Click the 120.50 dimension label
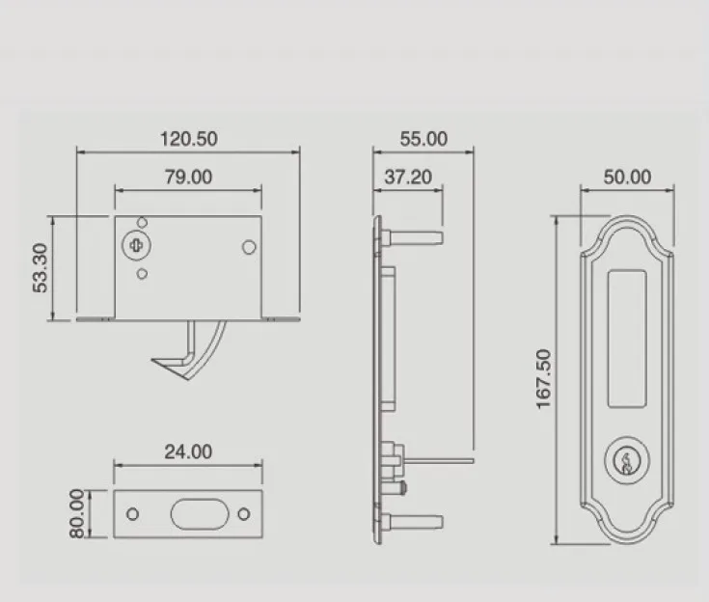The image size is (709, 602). click(189, 138)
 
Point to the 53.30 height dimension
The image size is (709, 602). click(40, 269)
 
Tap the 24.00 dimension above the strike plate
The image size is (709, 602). click(188, 451)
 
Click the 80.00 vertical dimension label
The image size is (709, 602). click(78, 514)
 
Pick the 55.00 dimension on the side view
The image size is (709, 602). click(423, 138)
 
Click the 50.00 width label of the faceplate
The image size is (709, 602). click(628, 177)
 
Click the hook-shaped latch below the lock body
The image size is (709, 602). click(193, 353)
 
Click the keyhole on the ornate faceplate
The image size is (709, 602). click(628, 459)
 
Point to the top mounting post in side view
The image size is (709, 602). click(414, 233)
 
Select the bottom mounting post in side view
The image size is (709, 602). click(414, 521)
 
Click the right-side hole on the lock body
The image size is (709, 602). click(248, 248)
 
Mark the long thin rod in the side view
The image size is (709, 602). click(439, 460)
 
